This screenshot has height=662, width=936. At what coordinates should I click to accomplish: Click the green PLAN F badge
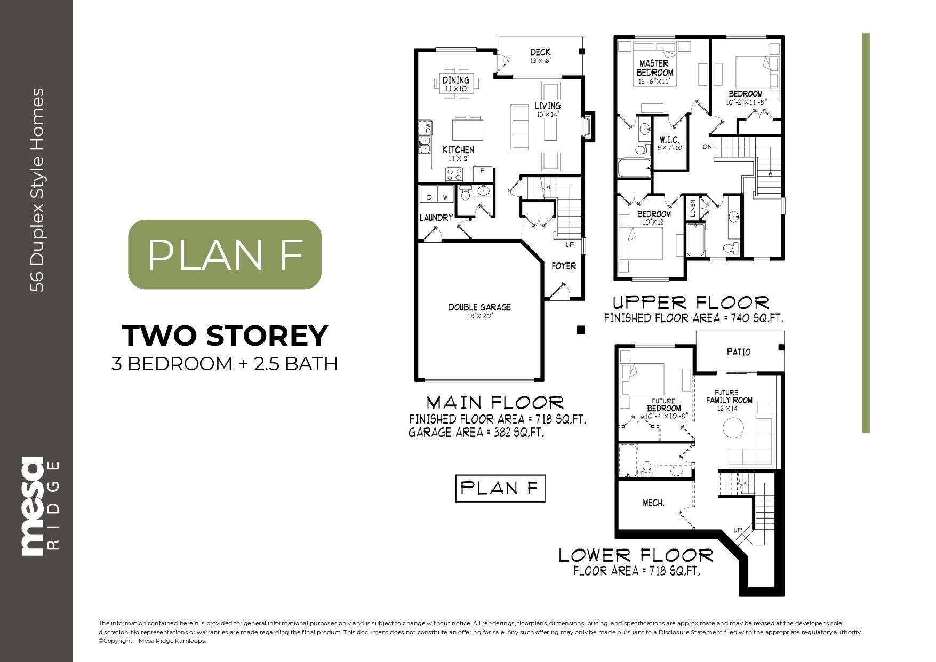[225, 254]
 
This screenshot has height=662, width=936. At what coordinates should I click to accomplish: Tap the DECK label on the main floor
[540, 52]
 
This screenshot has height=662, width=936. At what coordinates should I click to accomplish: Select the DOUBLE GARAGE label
[479, 307]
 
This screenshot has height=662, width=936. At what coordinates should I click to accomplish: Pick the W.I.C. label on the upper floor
[669, 139]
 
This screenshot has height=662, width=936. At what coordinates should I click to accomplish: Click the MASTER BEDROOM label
[655, 68]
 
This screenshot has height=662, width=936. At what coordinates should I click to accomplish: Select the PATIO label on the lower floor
[739, 352]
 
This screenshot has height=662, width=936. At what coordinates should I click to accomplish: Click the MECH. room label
[653, 503]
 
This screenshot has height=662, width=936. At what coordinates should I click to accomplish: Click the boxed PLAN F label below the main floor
[500, 488]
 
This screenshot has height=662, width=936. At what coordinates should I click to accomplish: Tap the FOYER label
[564, 266]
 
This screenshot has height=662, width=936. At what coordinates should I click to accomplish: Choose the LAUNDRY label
[436, 218]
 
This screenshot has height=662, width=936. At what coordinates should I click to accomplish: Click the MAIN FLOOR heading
[494, 402]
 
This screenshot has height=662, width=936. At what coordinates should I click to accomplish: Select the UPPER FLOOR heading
[691, 303]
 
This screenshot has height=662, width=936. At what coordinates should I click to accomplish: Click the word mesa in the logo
[31, 506]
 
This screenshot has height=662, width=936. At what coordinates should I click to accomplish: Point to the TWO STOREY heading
[225, 336]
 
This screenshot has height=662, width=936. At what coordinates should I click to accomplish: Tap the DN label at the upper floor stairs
[707, 146]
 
